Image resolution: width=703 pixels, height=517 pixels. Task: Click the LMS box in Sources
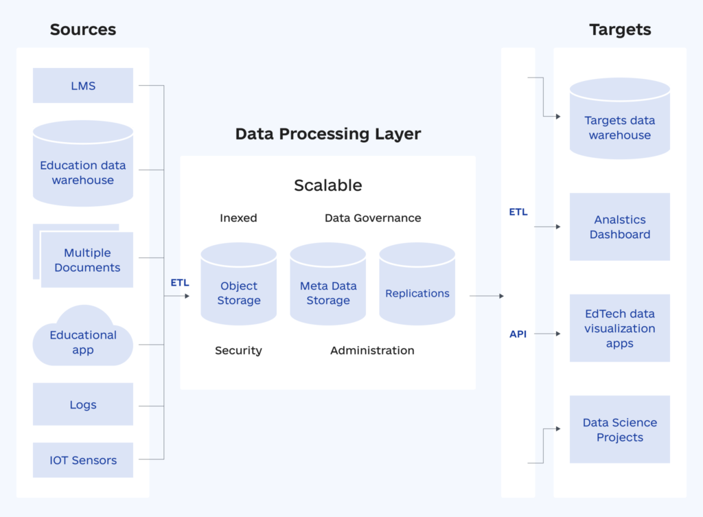(x=83, y=86)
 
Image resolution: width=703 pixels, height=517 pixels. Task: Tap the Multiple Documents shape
(x=87, y=260)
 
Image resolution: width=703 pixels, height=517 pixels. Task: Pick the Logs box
(x=83, y=404)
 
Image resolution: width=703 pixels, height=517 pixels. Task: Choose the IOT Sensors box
(x=83, y=460)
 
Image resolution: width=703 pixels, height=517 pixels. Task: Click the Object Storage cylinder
(x=239, y=288)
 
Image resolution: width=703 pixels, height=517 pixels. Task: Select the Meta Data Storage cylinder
(x=328, y=288)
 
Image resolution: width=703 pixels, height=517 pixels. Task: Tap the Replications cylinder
(x=417, y=288)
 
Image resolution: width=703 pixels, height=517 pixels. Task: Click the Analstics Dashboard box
(x=620, y=227)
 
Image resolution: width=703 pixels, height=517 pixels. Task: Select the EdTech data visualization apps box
(x=620, y=328)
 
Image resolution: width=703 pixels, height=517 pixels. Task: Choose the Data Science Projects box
(x=620, y=430)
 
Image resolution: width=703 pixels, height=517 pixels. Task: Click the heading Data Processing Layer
(x=328, y=133)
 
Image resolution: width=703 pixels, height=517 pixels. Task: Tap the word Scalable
(x=328, y=185)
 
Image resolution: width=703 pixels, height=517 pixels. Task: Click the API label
(x=518, y=334)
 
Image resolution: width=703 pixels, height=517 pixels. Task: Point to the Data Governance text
(x=373, y=218)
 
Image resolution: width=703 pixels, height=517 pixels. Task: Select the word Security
(x=238, y=350)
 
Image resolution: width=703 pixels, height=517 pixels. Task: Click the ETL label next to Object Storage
(x=179, y=282)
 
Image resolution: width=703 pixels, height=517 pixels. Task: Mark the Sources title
(x=83, y=30)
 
